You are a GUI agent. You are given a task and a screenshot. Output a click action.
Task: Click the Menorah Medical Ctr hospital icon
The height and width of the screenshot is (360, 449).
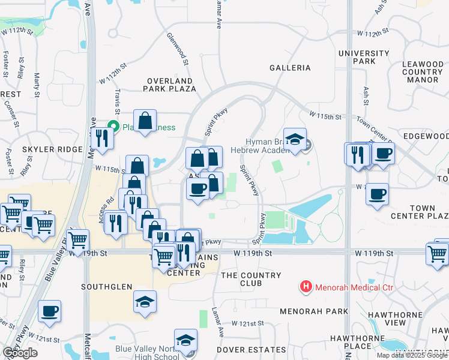306,287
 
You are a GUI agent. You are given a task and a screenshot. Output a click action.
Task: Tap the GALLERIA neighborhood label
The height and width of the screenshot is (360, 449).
290,68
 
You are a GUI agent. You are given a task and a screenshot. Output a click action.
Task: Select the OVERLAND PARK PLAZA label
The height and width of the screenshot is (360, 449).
170,85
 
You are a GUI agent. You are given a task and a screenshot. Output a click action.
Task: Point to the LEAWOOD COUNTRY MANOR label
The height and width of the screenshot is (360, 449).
422,71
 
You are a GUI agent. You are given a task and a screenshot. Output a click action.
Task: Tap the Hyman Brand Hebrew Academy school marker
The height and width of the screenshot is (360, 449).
295,140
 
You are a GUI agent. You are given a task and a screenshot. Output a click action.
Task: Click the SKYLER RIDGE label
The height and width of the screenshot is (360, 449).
60,149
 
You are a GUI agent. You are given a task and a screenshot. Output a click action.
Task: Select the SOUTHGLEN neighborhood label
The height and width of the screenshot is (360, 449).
107,287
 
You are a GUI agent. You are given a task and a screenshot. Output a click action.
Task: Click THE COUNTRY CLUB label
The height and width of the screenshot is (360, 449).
251,279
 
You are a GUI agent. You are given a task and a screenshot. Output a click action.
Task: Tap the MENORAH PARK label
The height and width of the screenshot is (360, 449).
314,311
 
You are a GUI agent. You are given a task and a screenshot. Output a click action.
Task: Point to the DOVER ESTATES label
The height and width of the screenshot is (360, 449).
261,349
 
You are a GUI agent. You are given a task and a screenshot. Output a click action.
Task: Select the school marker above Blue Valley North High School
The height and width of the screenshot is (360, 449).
185,340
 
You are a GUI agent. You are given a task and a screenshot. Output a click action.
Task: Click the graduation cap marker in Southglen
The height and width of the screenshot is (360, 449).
145,301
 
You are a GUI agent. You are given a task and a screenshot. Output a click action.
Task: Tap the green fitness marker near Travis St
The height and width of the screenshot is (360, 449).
112,127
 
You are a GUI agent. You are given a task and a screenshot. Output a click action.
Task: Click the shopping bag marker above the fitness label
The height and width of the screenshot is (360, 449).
145,121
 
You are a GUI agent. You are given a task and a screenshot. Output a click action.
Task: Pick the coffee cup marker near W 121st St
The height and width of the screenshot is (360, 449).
49,311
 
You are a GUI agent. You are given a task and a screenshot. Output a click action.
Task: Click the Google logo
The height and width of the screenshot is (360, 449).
20,353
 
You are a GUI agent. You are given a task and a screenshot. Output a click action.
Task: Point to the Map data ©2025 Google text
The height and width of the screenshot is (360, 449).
412,355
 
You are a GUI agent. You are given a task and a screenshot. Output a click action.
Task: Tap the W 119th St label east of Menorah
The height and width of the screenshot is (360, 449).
373,254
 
